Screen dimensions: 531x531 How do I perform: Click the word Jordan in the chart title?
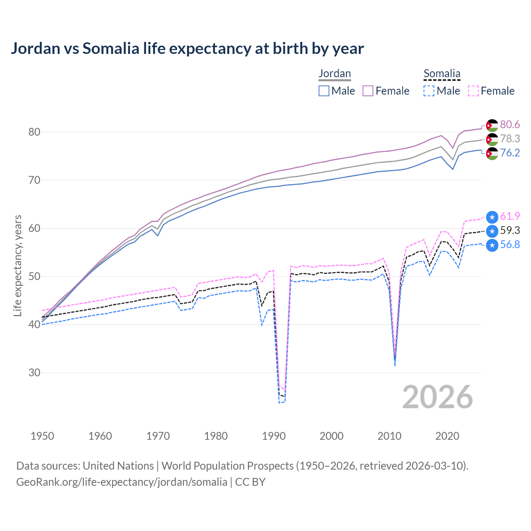[36, 49]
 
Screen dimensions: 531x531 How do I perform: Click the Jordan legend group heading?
[335, 73]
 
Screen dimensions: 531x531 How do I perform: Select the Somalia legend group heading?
[442, 73]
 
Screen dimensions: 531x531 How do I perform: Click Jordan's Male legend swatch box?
[324, 91]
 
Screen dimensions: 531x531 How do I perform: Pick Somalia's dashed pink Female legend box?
[473, 91]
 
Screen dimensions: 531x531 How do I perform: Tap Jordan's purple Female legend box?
[368, 91]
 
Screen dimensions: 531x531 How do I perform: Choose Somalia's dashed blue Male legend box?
[429, 91]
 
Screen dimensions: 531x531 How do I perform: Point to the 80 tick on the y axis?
[34, 132]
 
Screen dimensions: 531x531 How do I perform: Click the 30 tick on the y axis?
[34, 373]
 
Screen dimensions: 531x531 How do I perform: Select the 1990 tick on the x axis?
[274, 436]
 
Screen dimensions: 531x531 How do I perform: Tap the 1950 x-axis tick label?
[42, 436]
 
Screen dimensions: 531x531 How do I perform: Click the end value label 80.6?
[510, 125]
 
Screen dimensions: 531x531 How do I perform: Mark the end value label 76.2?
[510, 153]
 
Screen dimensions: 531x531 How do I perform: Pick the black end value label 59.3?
[510, 231]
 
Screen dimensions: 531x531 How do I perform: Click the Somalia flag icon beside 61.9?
[492, 217]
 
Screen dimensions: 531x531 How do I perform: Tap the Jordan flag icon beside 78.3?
[492, 139]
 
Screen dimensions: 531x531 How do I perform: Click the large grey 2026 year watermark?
[438, 397]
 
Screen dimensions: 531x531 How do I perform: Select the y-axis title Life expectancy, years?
[18, 265]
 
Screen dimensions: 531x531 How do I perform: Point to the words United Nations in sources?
[118, 466]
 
